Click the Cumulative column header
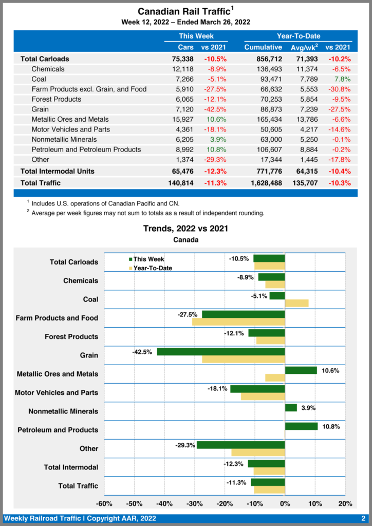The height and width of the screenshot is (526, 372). pyautogui.click(x=263, y=47)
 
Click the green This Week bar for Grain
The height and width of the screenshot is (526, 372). pyautogui.click(x=221, y=352)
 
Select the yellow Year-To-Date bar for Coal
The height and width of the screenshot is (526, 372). pyautogui.click(x=296, y=303)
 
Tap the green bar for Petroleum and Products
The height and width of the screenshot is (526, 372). pyautogui.click(x=301, y=426)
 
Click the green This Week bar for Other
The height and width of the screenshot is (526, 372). pyautogui.click(x=240, y=445)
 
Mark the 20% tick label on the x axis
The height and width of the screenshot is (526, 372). pyautogui.click(x=345, y=503)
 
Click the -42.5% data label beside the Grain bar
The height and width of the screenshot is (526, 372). pyautogui.click(x=143, y=352)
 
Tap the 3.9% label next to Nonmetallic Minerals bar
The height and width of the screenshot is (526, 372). pyautogui.click(x=308, y=408)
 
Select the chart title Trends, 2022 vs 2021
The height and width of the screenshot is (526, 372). pyautogui.click(x=185, y=229)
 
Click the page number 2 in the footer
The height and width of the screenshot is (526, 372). pyautogui.click(x=363, y=518)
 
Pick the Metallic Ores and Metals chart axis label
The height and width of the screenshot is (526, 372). pyautogui.click(x=57, y=374)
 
